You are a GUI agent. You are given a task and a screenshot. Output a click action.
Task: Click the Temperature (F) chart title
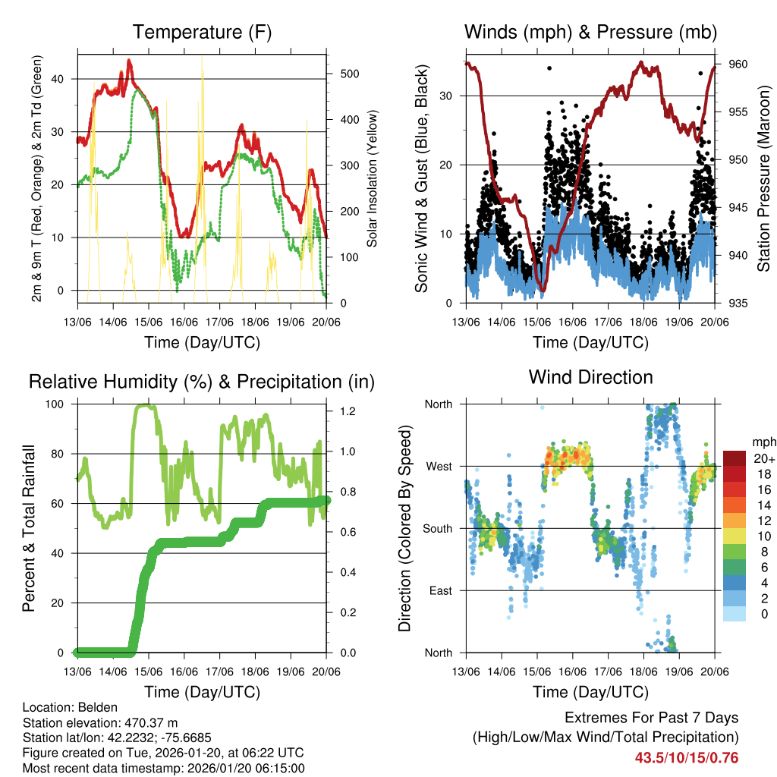(x=202, y=32)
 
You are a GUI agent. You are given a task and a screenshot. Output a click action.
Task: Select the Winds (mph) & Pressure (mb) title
(x=590, y=32)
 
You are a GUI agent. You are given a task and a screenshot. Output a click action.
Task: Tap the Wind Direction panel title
(x=590, y=376)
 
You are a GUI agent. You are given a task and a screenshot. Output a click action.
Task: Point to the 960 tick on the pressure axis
(x=737, y=64)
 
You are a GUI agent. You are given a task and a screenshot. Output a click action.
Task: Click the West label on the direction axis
(x=439, y=467)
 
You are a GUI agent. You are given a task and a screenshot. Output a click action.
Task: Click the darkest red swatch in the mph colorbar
(x=735, y=458)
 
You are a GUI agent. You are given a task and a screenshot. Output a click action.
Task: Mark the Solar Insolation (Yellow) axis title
(x=372, y=179)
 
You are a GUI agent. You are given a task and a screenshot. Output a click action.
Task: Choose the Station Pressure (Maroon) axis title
(x=763, y=179)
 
